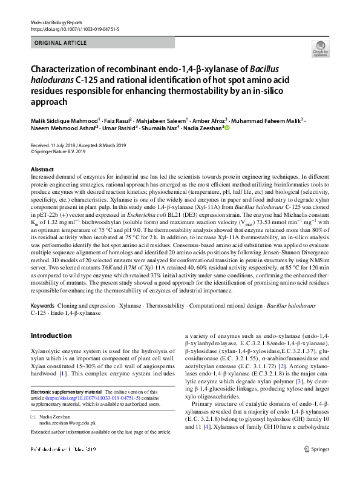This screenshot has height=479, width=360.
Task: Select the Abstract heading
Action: [x=42, y=170]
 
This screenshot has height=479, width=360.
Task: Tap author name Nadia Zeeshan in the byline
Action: [x=203, y=128]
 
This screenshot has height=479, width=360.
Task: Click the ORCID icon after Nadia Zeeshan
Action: [x=227, y=128]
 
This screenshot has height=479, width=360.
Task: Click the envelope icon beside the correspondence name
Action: [x=34, y=418]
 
